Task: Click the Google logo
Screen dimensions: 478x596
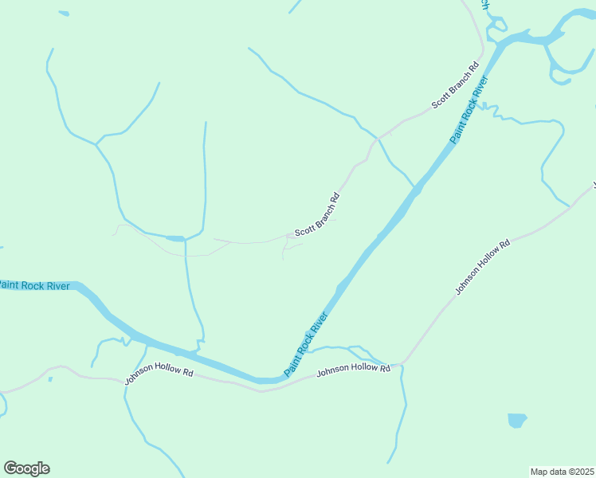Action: (26, 468)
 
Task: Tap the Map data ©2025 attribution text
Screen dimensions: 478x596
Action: (562, 472)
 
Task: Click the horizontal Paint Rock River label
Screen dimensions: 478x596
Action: (33, 285)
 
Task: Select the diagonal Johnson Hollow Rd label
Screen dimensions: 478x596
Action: (482, 268)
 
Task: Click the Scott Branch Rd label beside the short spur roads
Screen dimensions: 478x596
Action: (317, 215)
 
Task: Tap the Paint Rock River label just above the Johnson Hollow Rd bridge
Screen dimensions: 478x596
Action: (307, 343)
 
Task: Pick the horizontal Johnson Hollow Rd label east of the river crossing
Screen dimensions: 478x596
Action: (353, 369)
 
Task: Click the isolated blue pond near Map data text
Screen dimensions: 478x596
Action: (517, 419)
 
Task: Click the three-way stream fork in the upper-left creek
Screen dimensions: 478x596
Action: (96, 144)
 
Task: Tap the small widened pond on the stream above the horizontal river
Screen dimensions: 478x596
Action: (175, 237)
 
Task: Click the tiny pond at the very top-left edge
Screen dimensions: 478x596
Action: (64, 14)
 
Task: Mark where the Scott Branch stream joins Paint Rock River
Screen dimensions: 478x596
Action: (415, 189)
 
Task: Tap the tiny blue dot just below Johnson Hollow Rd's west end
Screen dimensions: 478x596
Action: (49, 378)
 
